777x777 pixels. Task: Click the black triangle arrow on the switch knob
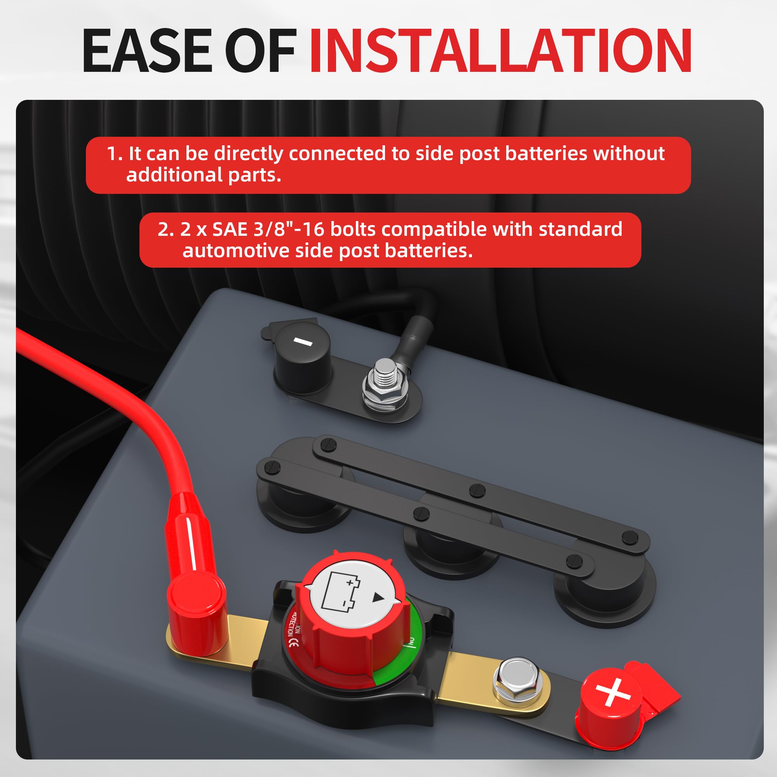click(x=378, y=597)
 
